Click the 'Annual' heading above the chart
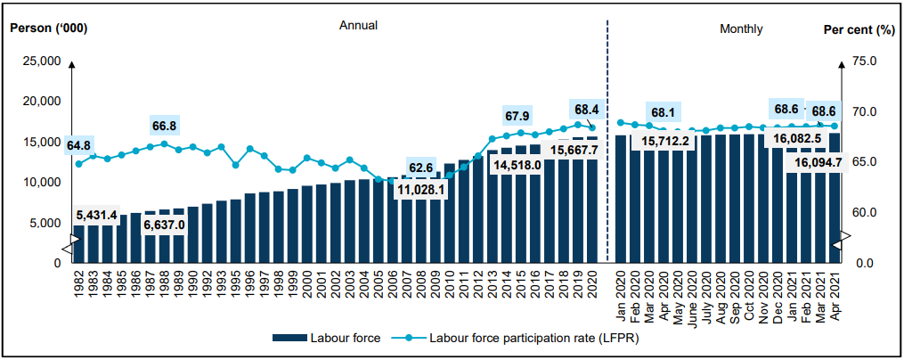[358, 26]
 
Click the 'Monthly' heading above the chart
[741, 29]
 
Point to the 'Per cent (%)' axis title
[858, 29]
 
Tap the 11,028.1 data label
[421, 190]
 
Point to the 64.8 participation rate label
[77, 145]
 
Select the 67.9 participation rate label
[517, 116]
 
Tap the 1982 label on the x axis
[78, 287]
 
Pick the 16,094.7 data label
[817, 162]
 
